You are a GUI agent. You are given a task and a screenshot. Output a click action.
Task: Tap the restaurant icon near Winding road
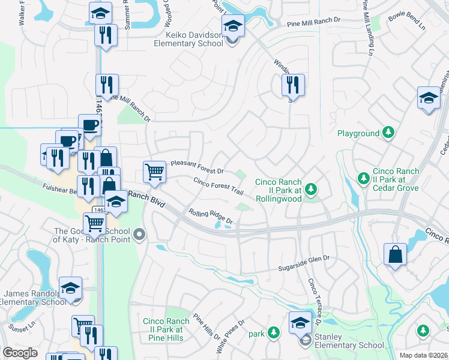(293, 85)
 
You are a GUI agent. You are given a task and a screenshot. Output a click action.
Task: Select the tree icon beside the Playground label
(388, 132)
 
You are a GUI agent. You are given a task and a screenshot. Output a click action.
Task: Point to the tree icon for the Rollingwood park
(310, 190)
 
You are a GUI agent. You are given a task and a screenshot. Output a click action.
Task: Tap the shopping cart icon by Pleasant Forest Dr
(154, 172)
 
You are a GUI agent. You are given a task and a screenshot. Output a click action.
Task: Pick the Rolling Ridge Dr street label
(210, 217)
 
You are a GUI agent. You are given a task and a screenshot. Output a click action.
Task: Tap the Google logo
(20, 353)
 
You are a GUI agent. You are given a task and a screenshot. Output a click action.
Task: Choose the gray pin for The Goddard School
(140, 234)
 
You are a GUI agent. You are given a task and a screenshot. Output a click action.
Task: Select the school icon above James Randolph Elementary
(70, 287)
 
